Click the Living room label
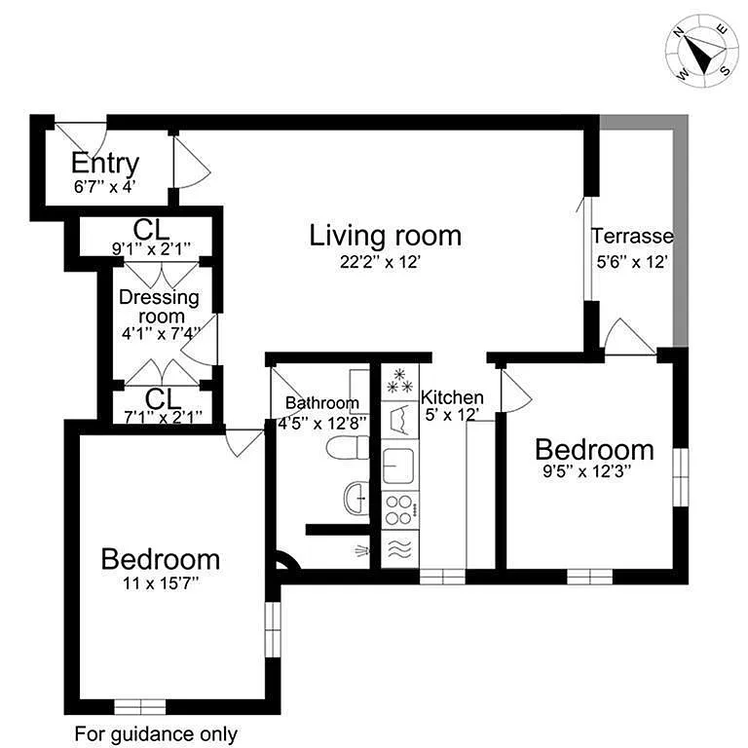(x=386, y=236)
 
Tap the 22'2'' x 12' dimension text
(x=380, y=262)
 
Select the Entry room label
(x=105, y=164)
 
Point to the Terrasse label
(x=632, y=236)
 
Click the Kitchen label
(x=452, y=397)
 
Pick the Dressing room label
(x=160, y=306)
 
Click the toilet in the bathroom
(x=348, y=449)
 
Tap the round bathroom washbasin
(x=355, y=498)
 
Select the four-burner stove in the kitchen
(x=399, y=510)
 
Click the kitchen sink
(x=398, y=466)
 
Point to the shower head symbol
(x=361, y=551)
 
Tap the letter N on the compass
(x=678, y=32)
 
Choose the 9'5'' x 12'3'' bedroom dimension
(x=587, y=471)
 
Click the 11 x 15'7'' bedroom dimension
(x=161, y=582)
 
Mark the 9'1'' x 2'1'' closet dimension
(x=151, y=248)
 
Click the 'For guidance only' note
(x=156, y=733)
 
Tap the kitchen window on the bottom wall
(x=442, y=577)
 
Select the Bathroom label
(x=322, y=403)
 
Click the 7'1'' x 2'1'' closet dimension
(x=163, y=417)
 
